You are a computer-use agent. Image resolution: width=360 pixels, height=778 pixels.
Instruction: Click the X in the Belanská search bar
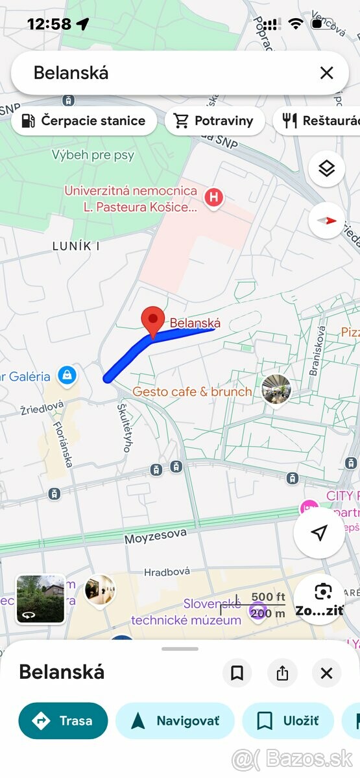click(326, 73)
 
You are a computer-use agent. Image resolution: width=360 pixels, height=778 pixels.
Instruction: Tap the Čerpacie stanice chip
click(84, 121)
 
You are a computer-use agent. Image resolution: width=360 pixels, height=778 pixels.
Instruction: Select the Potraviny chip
click(215, 121)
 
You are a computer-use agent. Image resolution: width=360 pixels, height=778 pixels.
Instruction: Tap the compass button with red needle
click(327, 220)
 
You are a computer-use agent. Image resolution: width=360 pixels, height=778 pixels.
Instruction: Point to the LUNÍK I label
click(76, 246)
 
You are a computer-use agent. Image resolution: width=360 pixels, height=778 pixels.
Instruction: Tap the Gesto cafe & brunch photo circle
click(276, 390)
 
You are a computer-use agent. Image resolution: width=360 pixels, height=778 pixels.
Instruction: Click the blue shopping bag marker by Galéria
click(67, 375)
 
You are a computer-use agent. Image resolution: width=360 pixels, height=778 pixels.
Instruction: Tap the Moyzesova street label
click(156, 536)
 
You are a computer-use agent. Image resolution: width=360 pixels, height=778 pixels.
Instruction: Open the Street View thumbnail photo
click(40, 598)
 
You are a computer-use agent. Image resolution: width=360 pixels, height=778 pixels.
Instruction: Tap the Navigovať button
click(175, 721)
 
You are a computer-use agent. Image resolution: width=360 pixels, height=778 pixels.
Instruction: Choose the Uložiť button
click(288, 721)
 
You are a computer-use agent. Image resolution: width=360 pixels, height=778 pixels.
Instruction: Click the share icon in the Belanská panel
click(282, 673)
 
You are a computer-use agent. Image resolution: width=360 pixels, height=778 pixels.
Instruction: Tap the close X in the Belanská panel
click(326, 673)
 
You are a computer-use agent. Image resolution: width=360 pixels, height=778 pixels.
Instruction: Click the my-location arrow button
click(319, 533)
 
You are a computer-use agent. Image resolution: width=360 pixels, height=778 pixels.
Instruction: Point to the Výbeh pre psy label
click(93, 156)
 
